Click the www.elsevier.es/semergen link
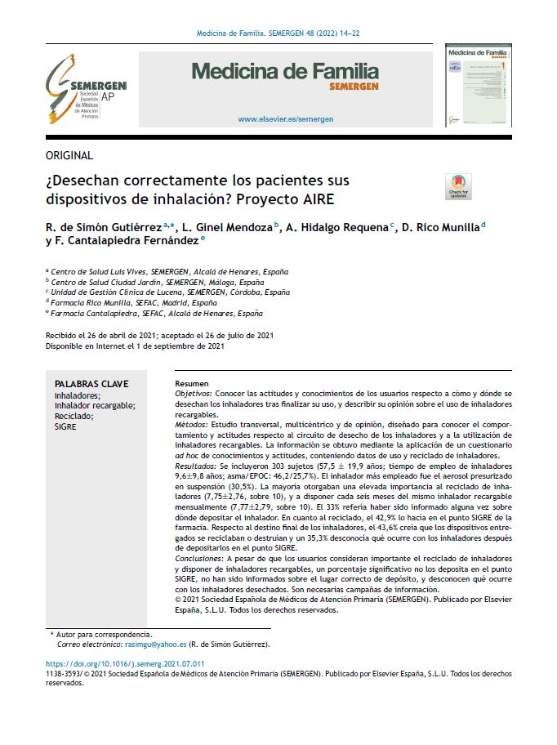coord(285,119)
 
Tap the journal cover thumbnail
coord(477,86)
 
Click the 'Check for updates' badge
coord(459,186)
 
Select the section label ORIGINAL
coord(69,155)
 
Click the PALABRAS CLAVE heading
coord(91,384)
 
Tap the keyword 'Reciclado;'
coord(74,416)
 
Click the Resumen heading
coord(193,384)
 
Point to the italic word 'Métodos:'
coord(192,426)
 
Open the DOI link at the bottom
coord(125,664)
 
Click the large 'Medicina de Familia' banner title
coord(285,71)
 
